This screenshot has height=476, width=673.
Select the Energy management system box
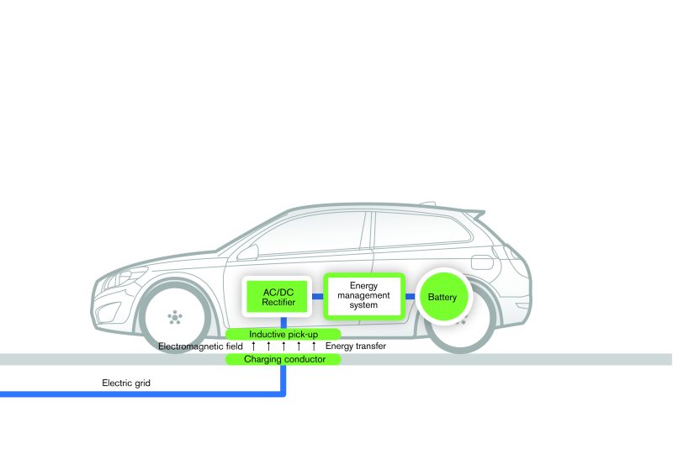363,296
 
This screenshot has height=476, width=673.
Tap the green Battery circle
443,297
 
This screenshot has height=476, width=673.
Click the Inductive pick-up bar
284,334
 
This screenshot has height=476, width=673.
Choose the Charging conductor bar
284,359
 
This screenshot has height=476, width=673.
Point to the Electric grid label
126,383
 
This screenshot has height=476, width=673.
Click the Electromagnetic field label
200,346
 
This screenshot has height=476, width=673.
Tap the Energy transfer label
356,346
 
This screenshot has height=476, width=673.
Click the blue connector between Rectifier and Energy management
318,296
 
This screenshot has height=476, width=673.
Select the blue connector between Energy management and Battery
411,296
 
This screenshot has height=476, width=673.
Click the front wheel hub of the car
175,317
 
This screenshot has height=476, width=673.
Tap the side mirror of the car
247,252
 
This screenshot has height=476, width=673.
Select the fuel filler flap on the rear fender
482,262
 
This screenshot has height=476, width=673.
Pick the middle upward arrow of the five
284,346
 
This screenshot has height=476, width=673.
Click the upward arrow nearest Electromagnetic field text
254,346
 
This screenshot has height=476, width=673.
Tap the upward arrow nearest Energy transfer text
314,346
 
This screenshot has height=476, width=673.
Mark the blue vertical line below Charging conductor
284,380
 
